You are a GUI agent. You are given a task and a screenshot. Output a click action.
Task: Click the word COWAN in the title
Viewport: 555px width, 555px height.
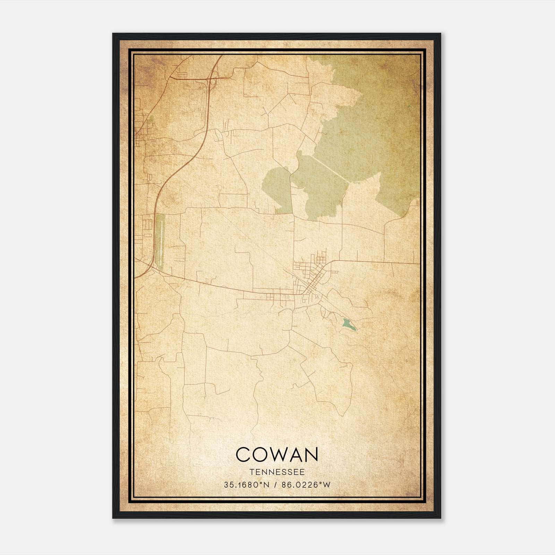[277, 454]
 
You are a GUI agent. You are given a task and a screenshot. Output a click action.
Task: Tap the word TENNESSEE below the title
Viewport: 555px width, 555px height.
[277, 472]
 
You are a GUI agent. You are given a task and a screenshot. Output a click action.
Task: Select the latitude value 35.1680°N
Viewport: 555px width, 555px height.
[247, 485]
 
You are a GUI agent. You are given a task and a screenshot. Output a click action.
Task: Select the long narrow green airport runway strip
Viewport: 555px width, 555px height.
[160, 239]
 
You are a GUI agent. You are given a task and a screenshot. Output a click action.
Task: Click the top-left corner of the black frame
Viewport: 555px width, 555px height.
[113, 34]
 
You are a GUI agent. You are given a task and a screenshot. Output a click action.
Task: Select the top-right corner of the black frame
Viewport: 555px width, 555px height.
[440, 34]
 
